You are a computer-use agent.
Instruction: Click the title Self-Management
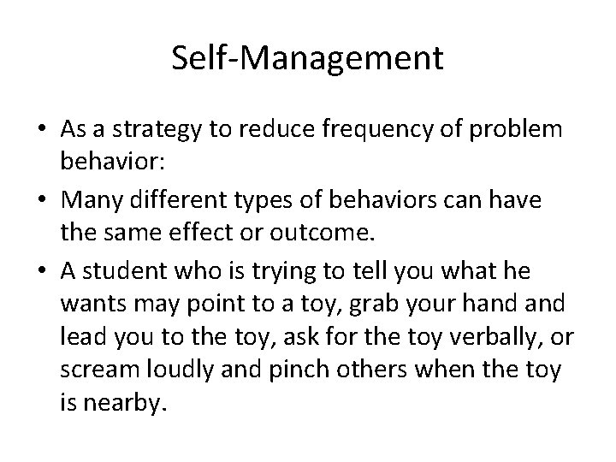[307, 59]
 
